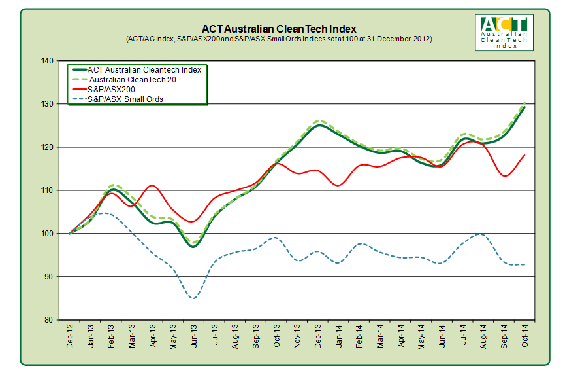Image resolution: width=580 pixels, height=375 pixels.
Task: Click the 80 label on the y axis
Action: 49,320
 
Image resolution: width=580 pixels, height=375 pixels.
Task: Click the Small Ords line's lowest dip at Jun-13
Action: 193,298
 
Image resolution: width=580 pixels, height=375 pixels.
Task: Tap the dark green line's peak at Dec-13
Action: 319,125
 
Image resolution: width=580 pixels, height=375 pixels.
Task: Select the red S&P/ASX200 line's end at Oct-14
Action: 524,155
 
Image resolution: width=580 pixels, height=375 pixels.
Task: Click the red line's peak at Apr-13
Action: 152,186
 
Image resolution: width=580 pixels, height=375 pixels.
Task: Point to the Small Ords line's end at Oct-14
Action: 524,264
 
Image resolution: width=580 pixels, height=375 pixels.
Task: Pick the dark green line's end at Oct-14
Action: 524,106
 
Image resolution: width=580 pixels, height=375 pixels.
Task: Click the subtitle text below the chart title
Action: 278,39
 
